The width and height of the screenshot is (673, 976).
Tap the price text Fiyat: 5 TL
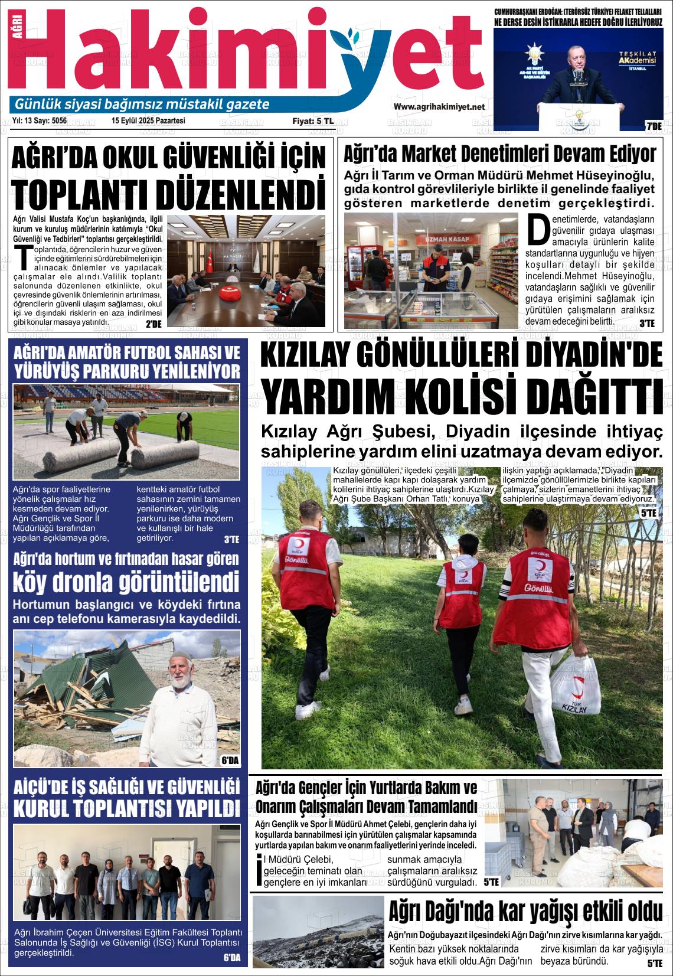(313, 121)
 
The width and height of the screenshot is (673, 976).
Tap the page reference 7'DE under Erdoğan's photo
(653, 126)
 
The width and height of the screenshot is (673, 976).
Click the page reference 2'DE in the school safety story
(153, 323)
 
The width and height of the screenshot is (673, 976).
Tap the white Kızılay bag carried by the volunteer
(570, 685)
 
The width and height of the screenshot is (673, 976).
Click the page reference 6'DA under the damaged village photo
(230, 760)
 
